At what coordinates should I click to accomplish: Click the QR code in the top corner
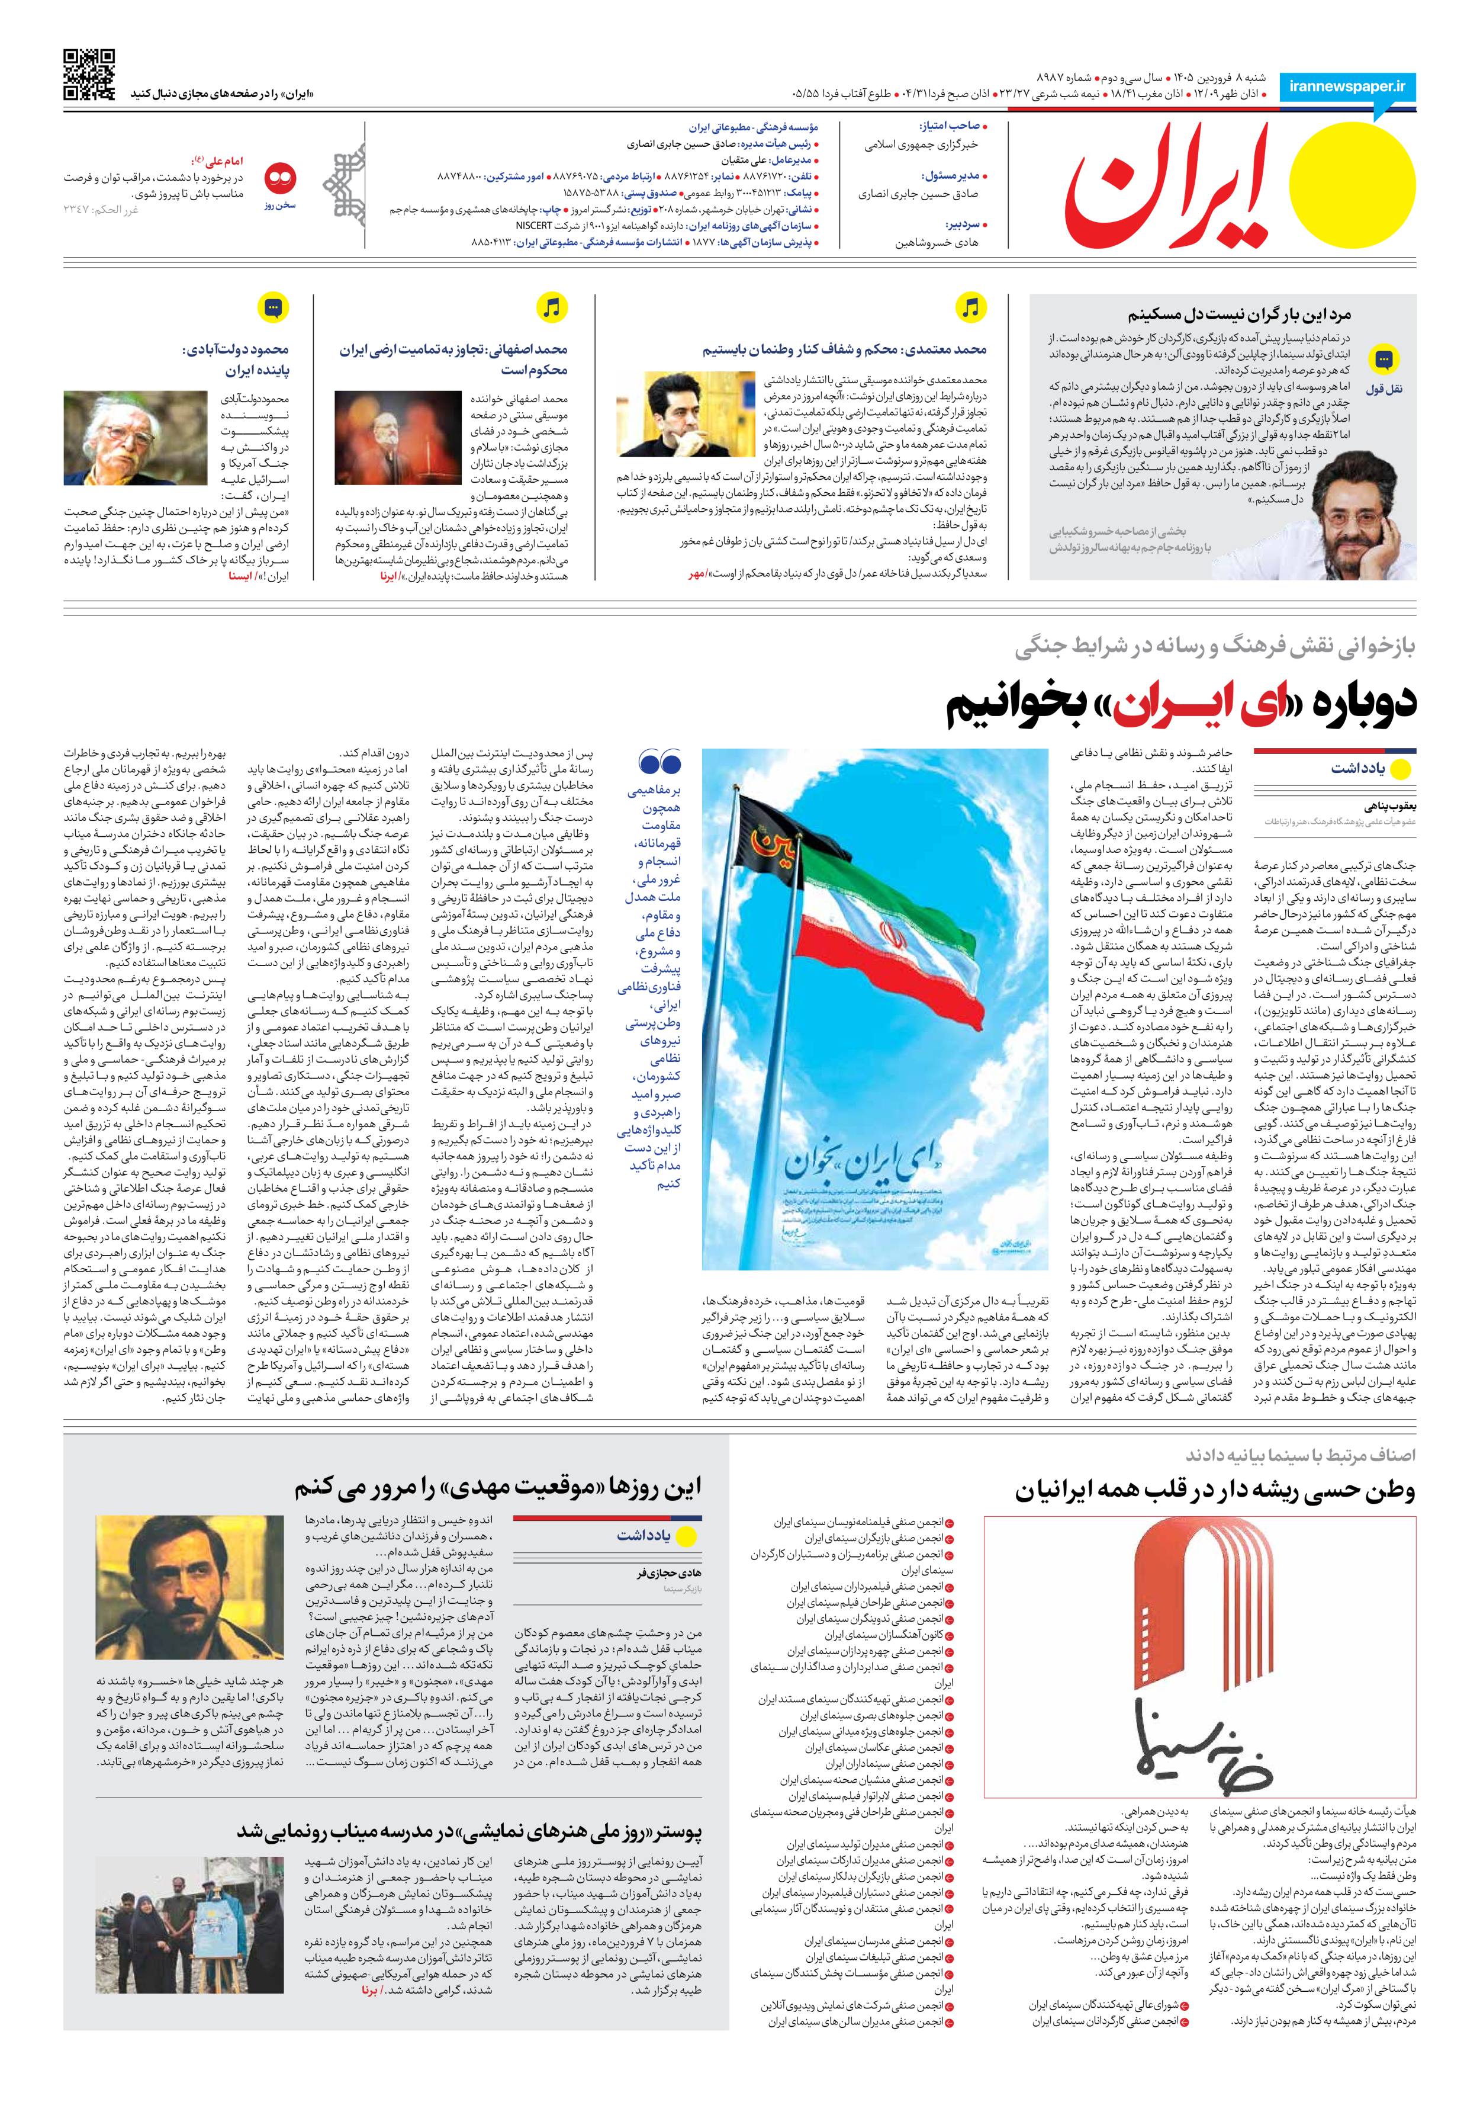click(89, 75)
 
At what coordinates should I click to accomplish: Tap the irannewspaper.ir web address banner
click(1346, 86)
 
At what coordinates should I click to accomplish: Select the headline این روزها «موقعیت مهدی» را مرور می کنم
click(497, 1487)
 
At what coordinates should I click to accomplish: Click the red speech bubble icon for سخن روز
click(280, 177)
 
